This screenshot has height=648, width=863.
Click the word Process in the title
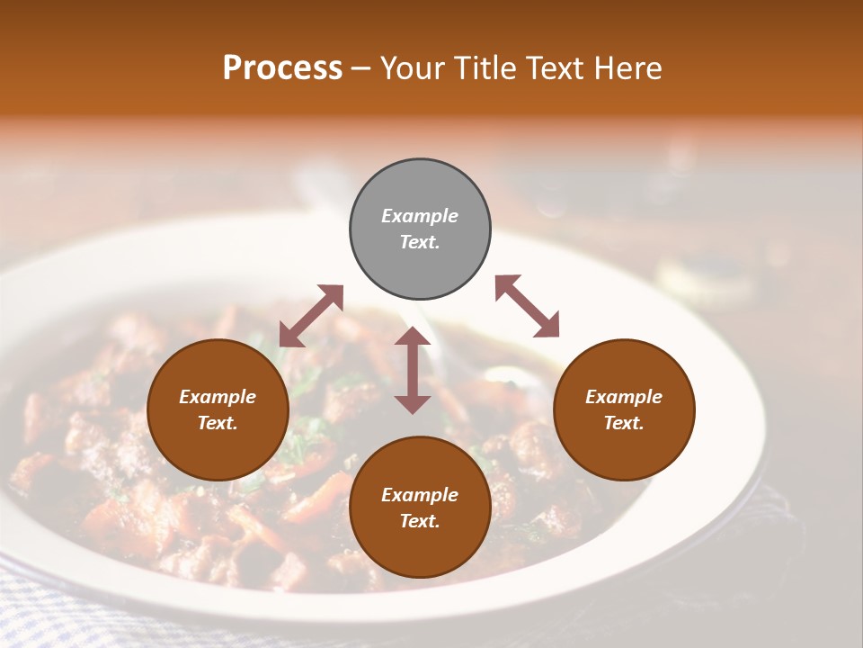(282, 68)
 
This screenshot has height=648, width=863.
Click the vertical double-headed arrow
(413, 370)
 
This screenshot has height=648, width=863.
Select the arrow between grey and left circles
(311, 315)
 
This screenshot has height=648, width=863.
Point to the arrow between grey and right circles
(527, 306)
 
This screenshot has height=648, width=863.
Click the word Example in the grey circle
(420, 216)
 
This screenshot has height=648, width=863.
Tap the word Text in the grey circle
(420, 242)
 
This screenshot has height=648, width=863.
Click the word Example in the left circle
(218, 397)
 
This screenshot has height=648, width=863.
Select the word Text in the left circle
(218, 423)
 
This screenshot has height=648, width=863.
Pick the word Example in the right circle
(624, 397)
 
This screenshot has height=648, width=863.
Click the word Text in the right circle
(624, 423)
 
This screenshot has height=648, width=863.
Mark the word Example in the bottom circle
(420, 495)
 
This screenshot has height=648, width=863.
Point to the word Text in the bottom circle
(420, 521)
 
